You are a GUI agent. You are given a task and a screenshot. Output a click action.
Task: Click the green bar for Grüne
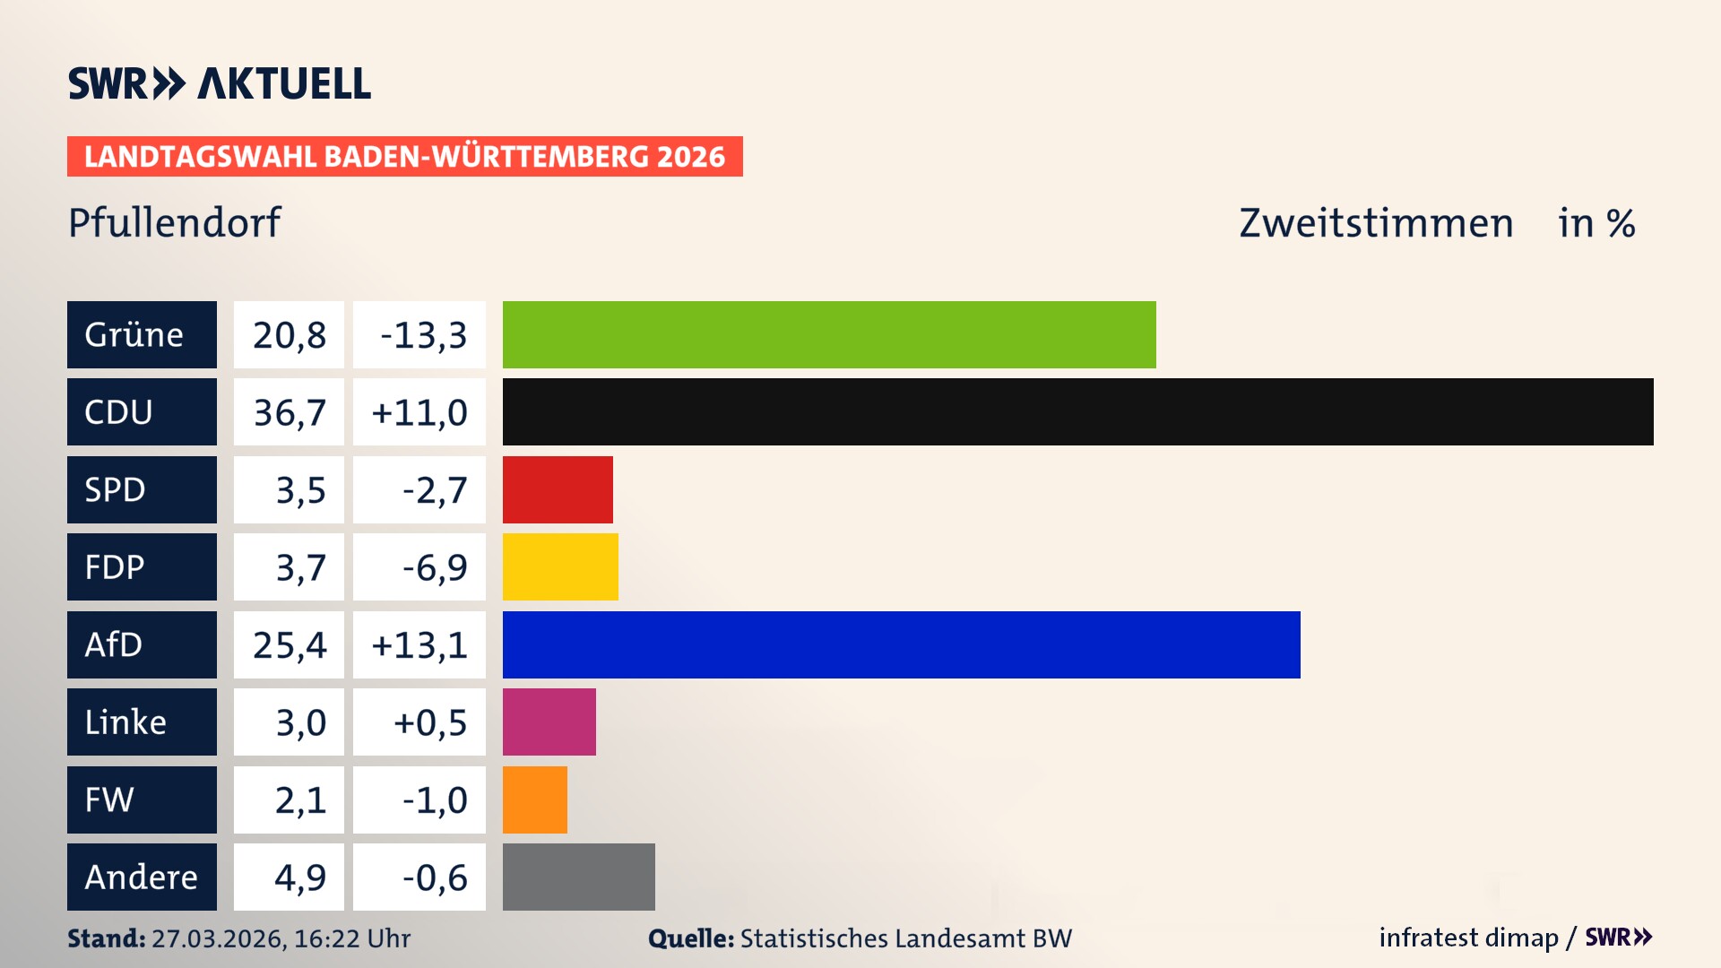pos(829,334)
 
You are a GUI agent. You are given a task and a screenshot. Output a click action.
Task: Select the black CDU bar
pos(1077,411)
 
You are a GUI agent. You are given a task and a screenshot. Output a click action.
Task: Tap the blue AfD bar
pos(901,644)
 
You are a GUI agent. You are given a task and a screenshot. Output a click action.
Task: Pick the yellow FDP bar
pos(560,566)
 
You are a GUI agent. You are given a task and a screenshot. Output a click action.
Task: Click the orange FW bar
pos(535,799)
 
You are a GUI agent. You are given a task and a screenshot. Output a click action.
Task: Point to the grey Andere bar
pos(578,877)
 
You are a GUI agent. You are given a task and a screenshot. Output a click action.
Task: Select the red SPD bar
pos(558,489)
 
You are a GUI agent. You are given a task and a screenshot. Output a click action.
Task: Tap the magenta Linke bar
pos(549,722)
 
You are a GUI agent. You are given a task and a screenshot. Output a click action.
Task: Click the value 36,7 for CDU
pos(289,412)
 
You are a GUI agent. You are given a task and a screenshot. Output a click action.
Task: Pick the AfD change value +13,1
pos(419,644)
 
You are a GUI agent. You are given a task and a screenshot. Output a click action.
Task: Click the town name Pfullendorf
pos(174,222)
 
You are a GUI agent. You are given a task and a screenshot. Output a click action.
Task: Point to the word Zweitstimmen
pos(1376,223)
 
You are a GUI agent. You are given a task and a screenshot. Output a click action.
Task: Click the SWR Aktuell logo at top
pos(219,83)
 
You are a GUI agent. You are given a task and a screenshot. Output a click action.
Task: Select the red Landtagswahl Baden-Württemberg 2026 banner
pos(404,157)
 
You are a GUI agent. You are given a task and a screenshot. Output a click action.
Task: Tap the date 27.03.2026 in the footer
pos(218,938)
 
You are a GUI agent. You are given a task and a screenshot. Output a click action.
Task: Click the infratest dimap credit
pos(1467,938)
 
